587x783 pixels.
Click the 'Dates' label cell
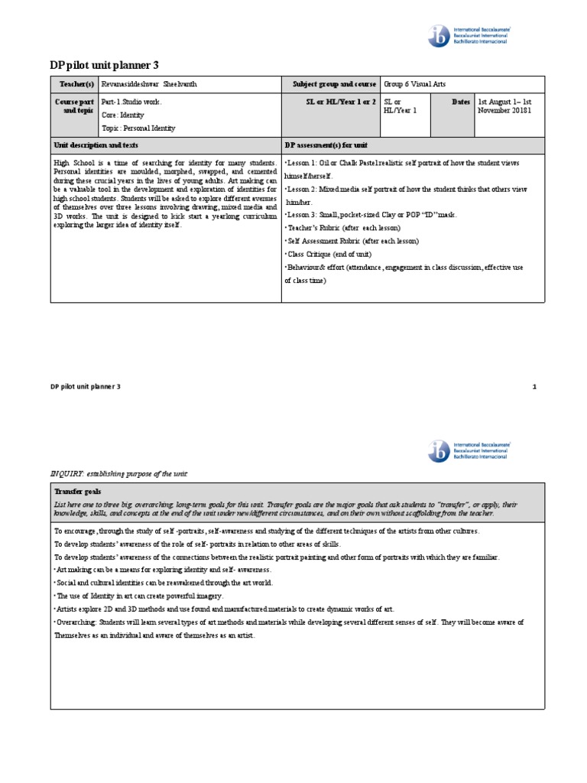[x=461, y=101]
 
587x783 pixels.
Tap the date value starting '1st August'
[x=508, y=106]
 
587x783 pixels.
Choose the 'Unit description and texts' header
[x=96, y=145]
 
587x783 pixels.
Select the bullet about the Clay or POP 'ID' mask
[x=371, y=215]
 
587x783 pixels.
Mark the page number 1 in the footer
[x=535, y=387]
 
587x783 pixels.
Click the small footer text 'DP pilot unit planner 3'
[x=86, y=387]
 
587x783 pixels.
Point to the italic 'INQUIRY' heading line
[x=118, y=474]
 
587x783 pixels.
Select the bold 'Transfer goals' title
[x=77, y=492]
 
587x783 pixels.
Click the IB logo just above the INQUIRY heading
[x=469, y=451]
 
